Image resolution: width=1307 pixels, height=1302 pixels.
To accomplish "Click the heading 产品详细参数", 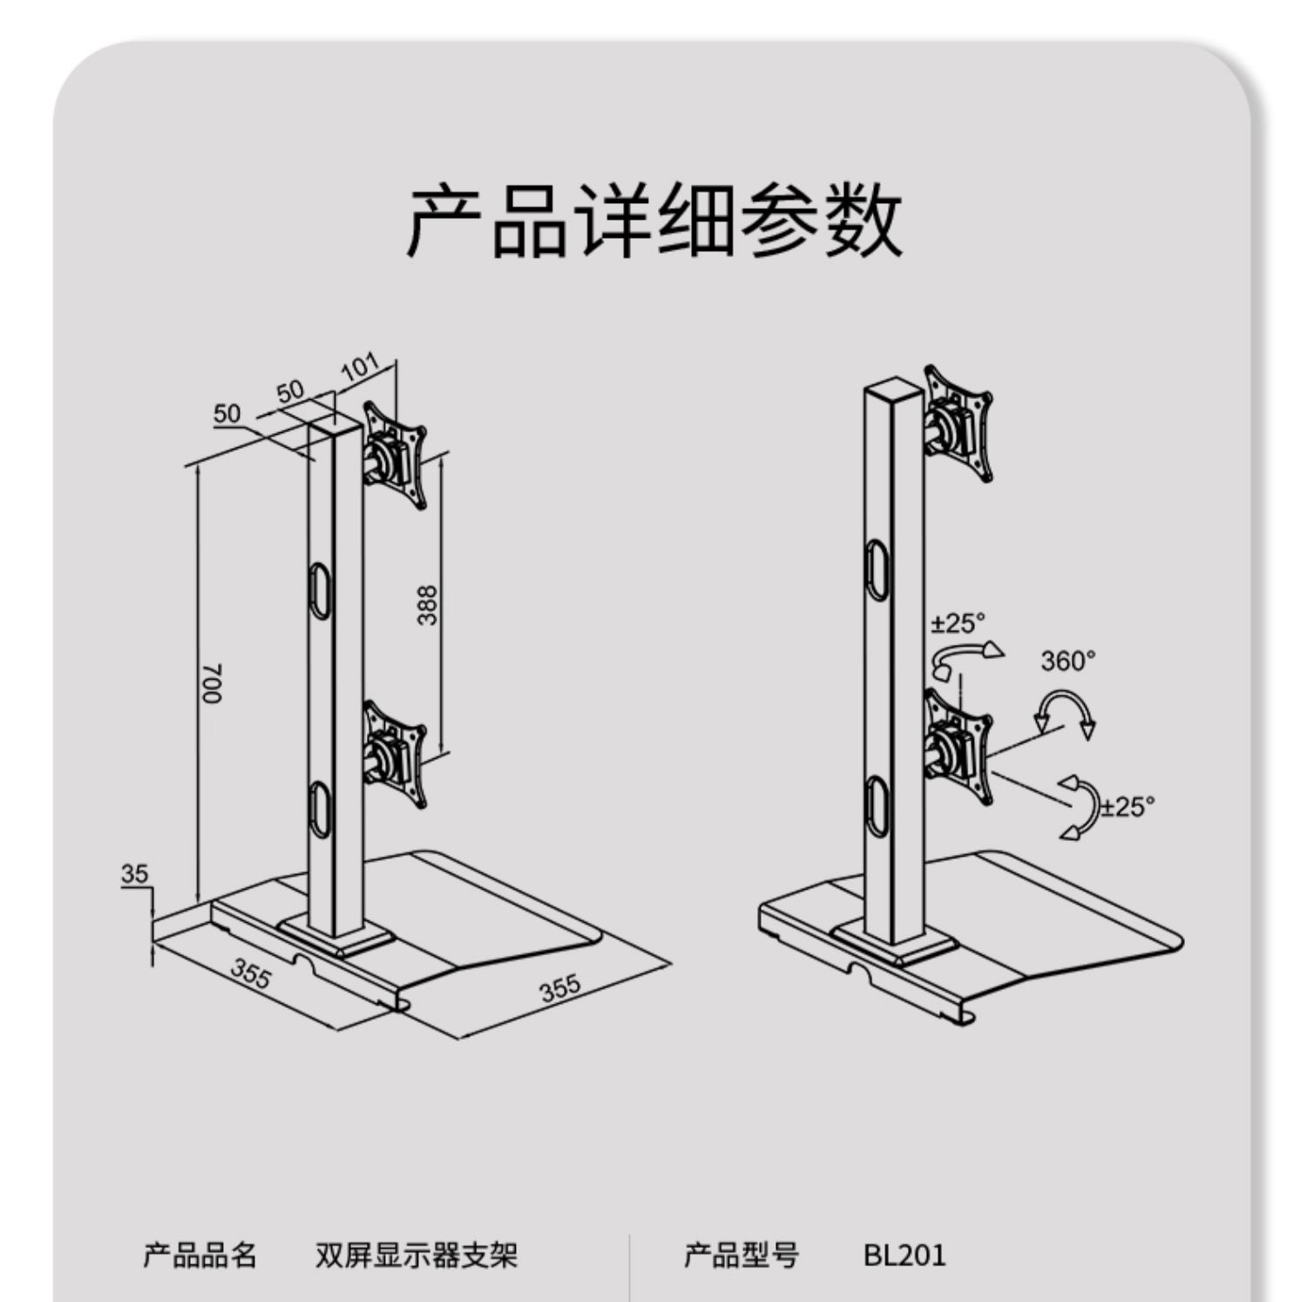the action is click(654, 220).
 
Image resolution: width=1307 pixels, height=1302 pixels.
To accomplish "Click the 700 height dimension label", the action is click(212, 683).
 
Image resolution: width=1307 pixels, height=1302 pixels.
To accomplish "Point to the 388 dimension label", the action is click(427, 605).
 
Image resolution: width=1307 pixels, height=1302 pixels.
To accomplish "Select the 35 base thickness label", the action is click(135, 873).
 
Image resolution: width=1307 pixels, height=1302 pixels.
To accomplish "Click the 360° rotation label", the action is click(1067, 661).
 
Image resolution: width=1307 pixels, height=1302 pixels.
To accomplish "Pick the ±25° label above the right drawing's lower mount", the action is click(958, 623).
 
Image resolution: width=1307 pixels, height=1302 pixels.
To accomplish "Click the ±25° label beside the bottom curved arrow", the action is click(1128, 806).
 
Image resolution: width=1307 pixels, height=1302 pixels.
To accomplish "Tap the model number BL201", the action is click(904, 1255).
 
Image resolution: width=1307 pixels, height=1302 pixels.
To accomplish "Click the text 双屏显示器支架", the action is click(416, 1255).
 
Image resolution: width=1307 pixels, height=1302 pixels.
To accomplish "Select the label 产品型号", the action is click(742, 1255).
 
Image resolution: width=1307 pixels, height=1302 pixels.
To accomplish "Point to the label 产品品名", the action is click(200, 1255).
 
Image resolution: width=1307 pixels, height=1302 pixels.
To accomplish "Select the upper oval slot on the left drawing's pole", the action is click(321, 591).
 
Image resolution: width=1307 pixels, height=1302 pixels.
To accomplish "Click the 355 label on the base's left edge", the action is click(251, 973).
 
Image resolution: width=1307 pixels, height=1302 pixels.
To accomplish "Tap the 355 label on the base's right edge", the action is click(559, 988).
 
